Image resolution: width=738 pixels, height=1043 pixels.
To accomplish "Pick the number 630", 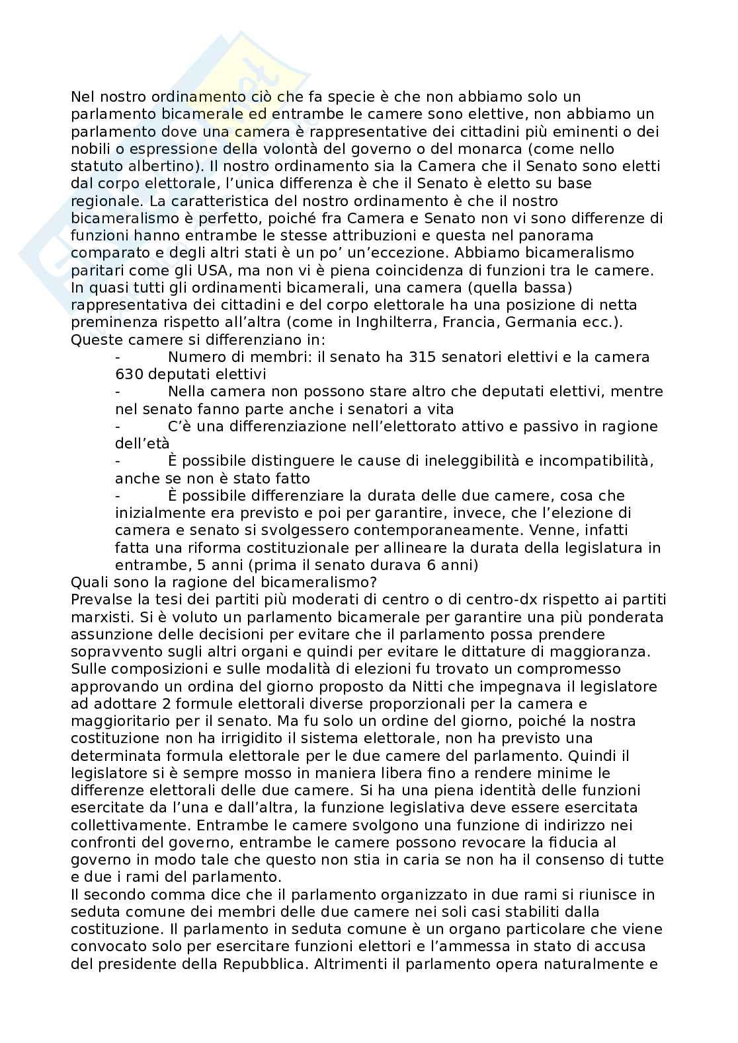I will click(x=129, y=374).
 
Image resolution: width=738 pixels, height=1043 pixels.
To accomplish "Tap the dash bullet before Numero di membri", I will click(x=117, y=357).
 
